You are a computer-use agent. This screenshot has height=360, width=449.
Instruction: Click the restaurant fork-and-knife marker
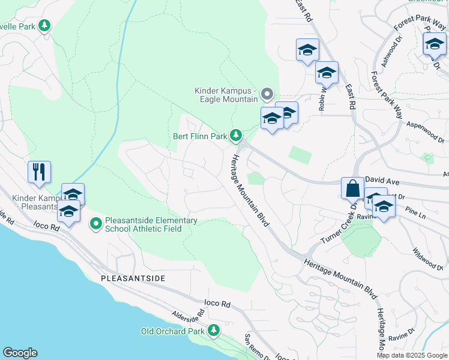pos(39,172)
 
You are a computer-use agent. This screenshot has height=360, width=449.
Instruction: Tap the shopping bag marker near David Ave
pos(352,188)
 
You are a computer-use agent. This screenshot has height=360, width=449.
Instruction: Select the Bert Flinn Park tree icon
pos(237,136)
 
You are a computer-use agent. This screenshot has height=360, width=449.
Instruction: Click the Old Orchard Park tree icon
pos(213,331)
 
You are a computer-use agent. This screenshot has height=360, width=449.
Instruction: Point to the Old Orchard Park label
pos(173,331)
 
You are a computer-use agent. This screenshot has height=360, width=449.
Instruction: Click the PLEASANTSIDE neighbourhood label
pos(133,279)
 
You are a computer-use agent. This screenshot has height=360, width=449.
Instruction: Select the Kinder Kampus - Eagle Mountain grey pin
pos(267,94)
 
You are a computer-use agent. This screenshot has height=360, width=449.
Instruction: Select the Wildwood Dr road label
pos(428,259)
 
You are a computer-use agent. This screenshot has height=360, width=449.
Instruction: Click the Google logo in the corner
pos(20,353)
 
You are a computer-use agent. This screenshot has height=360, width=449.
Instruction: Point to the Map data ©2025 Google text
pos(411,355)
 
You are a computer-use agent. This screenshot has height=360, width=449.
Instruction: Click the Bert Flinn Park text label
pos(199,136)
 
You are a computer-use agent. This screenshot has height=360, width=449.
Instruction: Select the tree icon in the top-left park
pos(44,25)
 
